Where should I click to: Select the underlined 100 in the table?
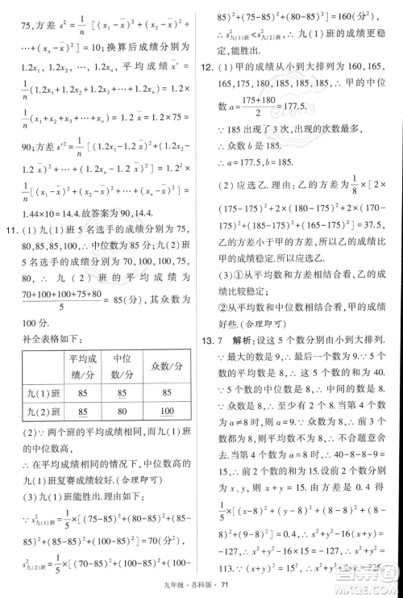167,412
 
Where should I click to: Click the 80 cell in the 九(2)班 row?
123,412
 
